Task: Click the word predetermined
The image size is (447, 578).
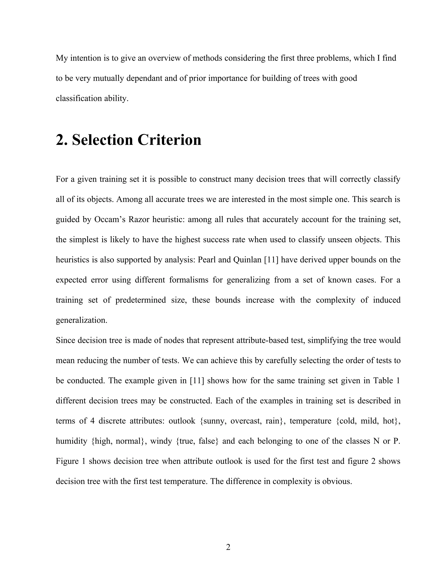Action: pyautogui.click(x=141, y=300)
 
